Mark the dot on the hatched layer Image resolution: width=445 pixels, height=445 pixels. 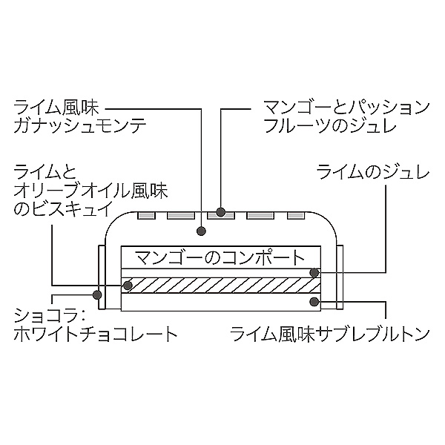tap(127, 285)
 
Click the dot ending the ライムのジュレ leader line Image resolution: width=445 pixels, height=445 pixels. tap(314, 272)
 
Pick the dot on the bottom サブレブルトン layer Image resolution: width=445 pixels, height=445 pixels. tap(316, 302)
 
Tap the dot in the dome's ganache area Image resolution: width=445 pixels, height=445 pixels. tap(202, 230)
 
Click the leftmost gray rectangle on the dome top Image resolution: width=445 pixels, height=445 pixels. tap(147, 216)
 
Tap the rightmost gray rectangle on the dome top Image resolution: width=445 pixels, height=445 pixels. tap(297, 216)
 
